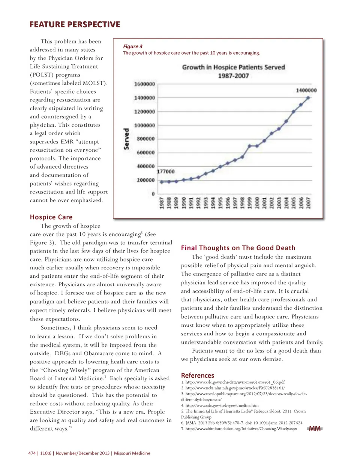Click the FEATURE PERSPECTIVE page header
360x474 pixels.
coord(75,25)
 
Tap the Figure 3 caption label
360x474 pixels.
coord(133,46)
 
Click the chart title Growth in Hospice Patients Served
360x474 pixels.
coord(233,67)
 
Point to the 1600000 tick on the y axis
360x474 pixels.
coord(144,84)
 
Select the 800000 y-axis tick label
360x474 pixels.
coord(145,139)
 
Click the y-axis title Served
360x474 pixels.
coord(126,139)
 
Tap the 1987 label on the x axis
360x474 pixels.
coord(162,203)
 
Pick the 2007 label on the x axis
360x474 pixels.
coord(308,203)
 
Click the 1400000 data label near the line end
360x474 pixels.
coord(306,90)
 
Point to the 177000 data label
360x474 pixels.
coord(165,172)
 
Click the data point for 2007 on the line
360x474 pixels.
coord(308,98)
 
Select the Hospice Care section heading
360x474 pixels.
coord(51,217)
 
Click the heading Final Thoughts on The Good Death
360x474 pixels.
coord(238,248)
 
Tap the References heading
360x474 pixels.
coord(197,375)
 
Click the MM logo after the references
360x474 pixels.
coord(315,429)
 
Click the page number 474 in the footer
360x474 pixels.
coord(32,453)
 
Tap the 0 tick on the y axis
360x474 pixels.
coord(153,194)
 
